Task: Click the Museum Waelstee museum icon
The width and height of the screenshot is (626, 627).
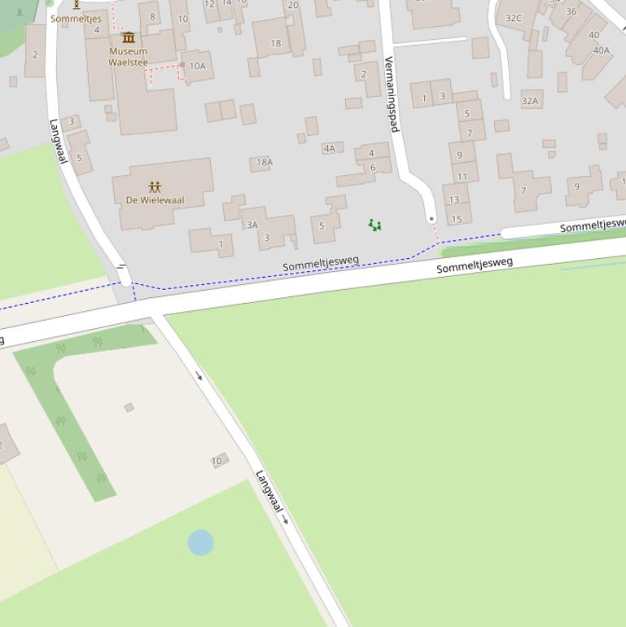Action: (x=129, y=37)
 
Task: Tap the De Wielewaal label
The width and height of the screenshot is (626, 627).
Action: (x=155, y=199)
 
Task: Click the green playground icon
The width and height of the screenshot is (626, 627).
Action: (x=374, y=225)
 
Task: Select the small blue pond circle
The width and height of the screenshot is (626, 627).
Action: (x=200, y=542)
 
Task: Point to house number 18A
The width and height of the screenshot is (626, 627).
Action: (x=265, y=162)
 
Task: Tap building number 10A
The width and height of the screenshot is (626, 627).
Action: (x=198, y=66)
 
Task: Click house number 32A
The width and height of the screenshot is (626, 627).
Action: (x=530, y=101)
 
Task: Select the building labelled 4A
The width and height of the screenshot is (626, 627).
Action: (x=329, y=148)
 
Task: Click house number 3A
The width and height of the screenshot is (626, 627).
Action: (x=252, y=225)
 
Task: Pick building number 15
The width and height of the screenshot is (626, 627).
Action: (x=457, y=218)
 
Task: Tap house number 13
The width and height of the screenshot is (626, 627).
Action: (x=453, y=199)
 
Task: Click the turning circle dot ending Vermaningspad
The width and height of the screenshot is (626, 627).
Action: (x=431, y=218)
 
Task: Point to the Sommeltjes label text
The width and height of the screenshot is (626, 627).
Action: (x=76, y=18)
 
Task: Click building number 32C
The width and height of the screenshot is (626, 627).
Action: (x=514, y=18)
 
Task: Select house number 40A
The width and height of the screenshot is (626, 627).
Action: (x=602, y=50)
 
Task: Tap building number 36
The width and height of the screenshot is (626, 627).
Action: (x=571, y=11)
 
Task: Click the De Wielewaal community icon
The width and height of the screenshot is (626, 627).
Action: (x=155, y=187)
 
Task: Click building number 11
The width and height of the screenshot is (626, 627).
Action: (x=462, y=176)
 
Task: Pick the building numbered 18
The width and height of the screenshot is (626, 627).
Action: (x=275, y=43)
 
